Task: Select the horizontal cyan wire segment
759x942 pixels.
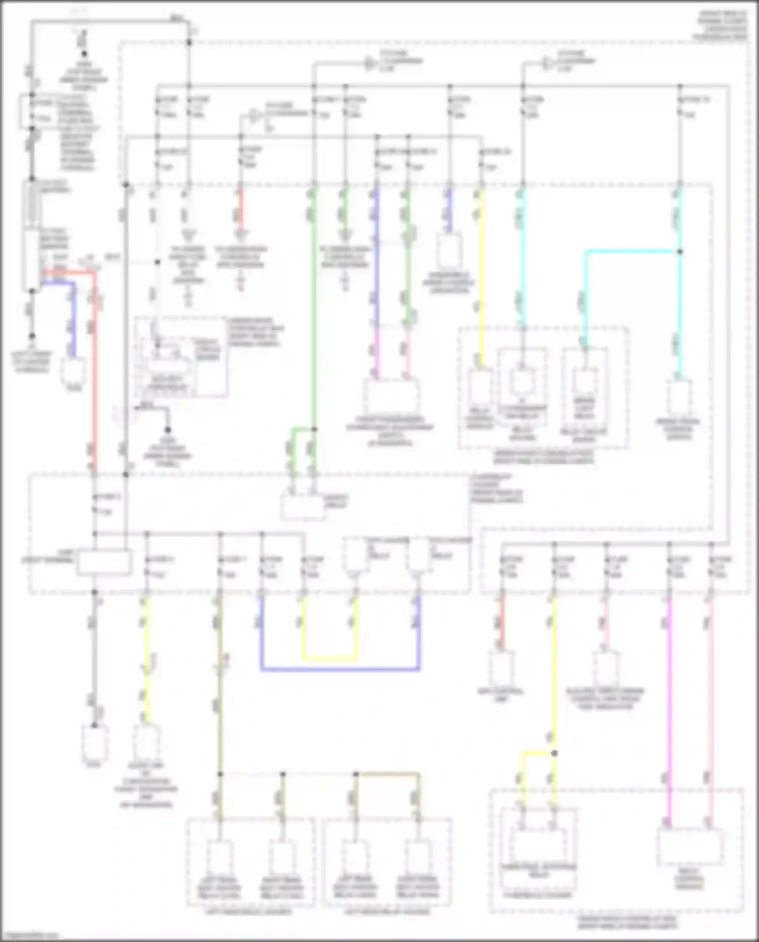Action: point(632,251)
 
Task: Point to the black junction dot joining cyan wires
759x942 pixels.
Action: point(680,252)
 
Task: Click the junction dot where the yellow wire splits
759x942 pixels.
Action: point(554,753)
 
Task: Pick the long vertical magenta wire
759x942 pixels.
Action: point(669,709)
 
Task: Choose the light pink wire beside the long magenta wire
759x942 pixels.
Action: point(710,709)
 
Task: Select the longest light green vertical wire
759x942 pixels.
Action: point(314,304)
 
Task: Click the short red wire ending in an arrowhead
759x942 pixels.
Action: point(241,210)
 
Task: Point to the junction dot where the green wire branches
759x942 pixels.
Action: point(314,429)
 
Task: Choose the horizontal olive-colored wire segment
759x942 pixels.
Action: point(387,774)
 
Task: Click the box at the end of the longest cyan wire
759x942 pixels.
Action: point(679,397)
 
